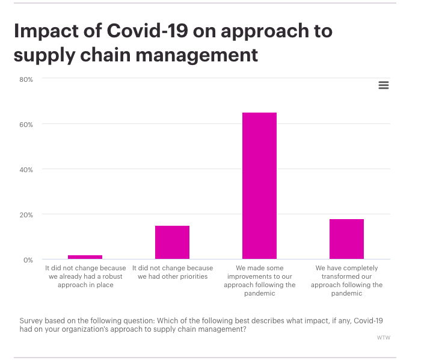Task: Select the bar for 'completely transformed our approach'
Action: click(346, 239)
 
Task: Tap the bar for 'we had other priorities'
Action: click(172, 242)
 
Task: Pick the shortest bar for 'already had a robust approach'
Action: click(85, 257)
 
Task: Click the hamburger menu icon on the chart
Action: click(384, 85)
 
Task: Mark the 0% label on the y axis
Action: click(28, 260)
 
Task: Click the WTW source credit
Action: click(383, 338)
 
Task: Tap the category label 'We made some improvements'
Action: click(259, 281)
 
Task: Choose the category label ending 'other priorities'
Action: click(172, 272)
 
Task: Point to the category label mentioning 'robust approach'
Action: click(85, 276)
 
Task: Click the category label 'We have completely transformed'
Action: click(346, 281)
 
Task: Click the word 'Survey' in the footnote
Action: click(31, 321)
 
